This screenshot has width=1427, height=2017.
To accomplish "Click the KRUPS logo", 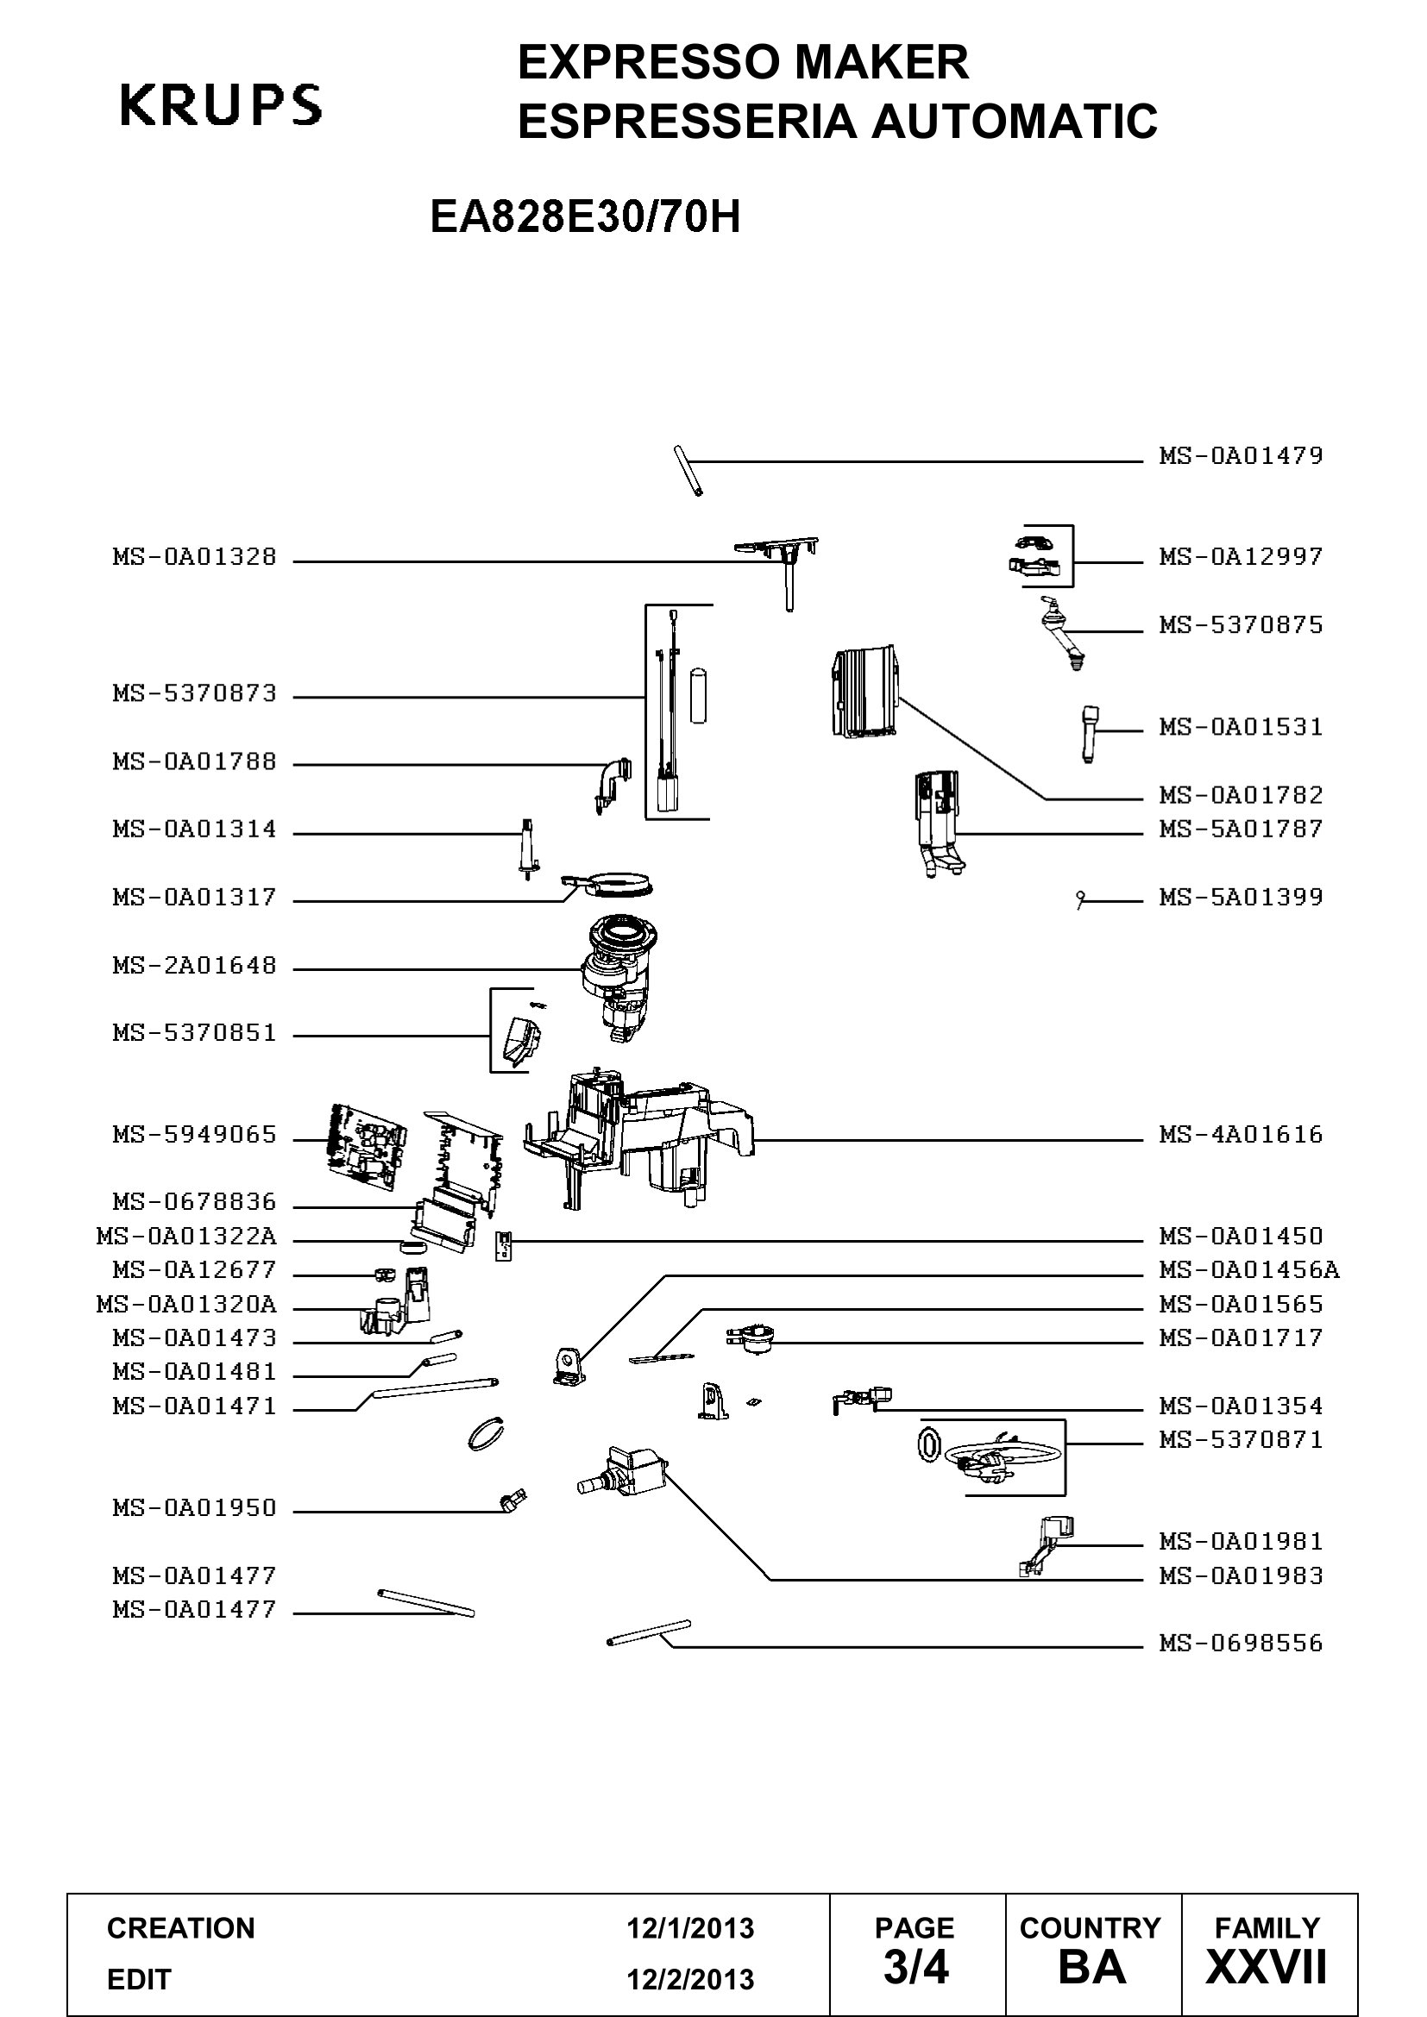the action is tap(221, 105).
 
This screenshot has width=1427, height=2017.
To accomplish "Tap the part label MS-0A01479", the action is tap(1240, 455).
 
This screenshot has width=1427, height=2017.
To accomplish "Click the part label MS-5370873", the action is tap(194, 693).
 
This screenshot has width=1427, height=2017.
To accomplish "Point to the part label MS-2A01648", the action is tap(194, 966).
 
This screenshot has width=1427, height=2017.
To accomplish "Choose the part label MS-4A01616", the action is tap(1240, 1134).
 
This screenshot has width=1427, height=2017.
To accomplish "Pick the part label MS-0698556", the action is tap(1240, 1643).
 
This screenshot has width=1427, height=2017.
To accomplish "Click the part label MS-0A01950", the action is tap(194, 1507).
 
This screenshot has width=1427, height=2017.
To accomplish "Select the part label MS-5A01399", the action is tap(1240, 897).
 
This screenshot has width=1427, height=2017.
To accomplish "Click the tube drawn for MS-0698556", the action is tap(649, 1632).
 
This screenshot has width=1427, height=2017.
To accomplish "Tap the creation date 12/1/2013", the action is tap(690, 1928).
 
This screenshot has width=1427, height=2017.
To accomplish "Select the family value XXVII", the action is tap(1267, 1967).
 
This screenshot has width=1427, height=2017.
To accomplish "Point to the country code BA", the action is tap(1092, 1967).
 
